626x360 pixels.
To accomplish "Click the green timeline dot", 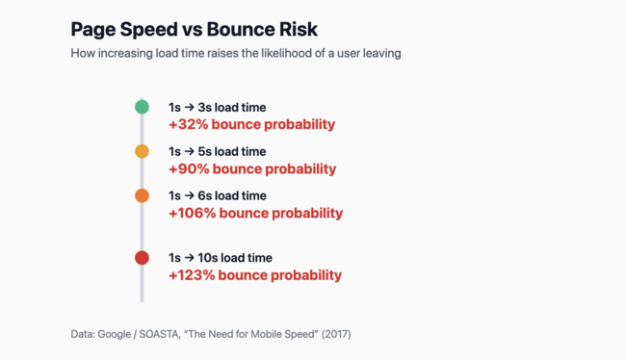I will [x=142, y=107].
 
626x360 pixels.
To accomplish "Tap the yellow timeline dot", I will [x=142, y=151].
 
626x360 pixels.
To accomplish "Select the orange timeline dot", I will [x=142, y=195].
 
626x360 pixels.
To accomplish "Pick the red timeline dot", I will [x=142, y=257].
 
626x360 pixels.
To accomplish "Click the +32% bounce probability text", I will [x=251, y=124].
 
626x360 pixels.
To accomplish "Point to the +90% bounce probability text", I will [x=251, y=168].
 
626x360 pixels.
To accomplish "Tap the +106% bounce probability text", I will [x=255, y=213].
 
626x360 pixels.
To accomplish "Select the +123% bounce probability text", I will [x=255, y=274].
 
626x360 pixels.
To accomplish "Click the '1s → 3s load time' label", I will [x=217, y=107].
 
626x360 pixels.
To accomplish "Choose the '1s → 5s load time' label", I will [x=217, y=151].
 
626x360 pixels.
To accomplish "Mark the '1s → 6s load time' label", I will [x=217, y=195].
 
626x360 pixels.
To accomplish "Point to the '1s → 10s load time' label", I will [x=221, y=257].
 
